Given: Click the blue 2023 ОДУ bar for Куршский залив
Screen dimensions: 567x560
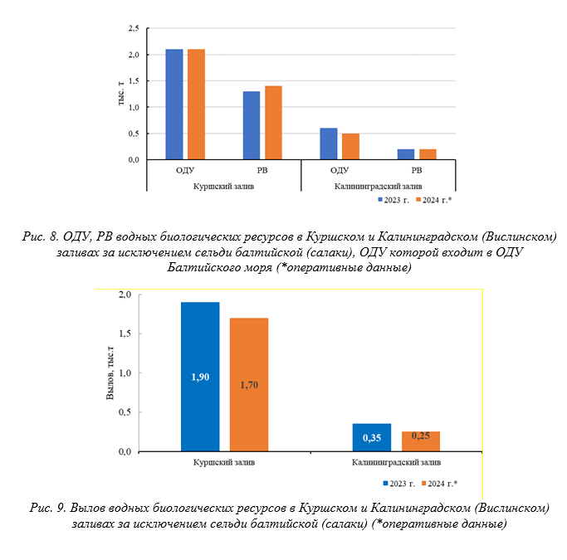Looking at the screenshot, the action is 174,105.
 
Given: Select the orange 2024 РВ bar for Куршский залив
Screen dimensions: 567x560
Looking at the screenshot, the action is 273,123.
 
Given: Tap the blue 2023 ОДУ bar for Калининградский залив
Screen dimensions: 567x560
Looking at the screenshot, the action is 329,144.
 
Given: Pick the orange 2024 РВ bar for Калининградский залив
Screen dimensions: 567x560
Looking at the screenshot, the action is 428,154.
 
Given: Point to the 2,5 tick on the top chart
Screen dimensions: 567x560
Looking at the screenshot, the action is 134,28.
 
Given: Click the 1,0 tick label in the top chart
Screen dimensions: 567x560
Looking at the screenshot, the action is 134,107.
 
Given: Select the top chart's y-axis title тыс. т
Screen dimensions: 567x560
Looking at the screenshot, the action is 121,93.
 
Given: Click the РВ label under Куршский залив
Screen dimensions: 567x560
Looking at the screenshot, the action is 262,170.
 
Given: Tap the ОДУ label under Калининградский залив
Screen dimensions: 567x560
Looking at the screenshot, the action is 340,170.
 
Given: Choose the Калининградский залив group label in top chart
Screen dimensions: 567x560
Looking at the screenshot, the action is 378,187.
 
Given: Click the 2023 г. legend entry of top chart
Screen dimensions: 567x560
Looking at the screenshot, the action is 393,200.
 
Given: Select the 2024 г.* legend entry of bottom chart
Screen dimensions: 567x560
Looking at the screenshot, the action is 439,484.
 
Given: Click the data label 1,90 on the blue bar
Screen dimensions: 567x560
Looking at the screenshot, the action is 200,377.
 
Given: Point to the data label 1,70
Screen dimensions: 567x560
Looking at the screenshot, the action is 249,385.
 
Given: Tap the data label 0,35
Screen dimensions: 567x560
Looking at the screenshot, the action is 372,438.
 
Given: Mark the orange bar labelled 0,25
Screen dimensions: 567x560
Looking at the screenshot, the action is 421,441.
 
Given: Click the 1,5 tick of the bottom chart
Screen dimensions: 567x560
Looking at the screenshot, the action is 125,334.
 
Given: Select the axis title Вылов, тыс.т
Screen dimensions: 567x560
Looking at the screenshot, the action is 110,373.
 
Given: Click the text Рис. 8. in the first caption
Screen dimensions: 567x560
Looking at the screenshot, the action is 41,236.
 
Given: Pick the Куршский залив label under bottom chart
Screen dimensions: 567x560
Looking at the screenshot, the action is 224,462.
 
